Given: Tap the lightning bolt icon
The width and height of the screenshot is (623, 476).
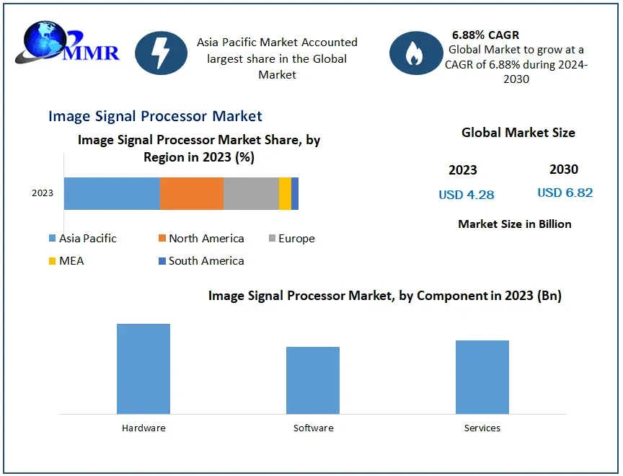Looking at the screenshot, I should [x=162, y=53].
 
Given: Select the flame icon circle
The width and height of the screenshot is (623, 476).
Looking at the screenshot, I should [x=416, y=53].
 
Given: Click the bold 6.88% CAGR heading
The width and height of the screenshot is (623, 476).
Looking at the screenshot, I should [x=485, y=35].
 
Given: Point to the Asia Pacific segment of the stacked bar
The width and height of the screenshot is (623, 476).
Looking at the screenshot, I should [x=112, y=193].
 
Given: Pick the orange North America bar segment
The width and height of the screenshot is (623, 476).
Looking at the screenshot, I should [x=192, y=193].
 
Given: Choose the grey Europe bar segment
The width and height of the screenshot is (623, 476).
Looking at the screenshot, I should [x=251, y=193].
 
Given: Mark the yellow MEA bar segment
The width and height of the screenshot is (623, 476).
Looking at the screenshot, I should [x=285, y=193].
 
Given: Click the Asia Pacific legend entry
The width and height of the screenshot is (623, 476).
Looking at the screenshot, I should [x=82, y=239].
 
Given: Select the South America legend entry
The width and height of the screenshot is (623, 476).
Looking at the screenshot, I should [x=201, y=261].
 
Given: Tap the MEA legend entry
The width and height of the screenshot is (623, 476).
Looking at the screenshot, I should [x=66, y=261].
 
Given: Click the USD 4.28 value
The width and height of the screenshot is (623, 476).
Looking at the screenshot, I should [x=467, y=195].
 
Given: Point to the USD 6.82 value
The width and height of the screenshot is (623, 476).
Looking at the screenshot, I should [x=565, y=193].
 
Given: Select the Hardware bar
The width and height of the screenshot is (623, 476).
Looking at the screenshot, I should [x=143, y=369].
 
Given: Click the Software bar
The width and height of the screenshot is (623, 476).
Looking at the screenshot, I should [x=313, y=380].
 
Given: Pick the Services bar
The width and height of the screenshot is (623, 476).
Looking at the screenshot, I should [x=482, y=377].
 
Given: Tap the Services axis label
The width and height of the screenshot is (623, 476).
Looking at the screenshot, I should [x=482, y=428].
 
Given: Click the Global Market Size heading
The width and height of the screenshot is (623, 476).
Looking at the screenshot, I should [x=518, y=133].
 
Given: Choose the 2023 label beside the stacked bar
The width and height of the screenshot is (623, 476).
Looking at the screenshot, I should [x=43, y=193].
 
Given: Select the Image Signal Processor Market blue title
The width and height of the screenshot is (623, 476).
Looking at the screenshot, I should [x=155, y=116].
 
